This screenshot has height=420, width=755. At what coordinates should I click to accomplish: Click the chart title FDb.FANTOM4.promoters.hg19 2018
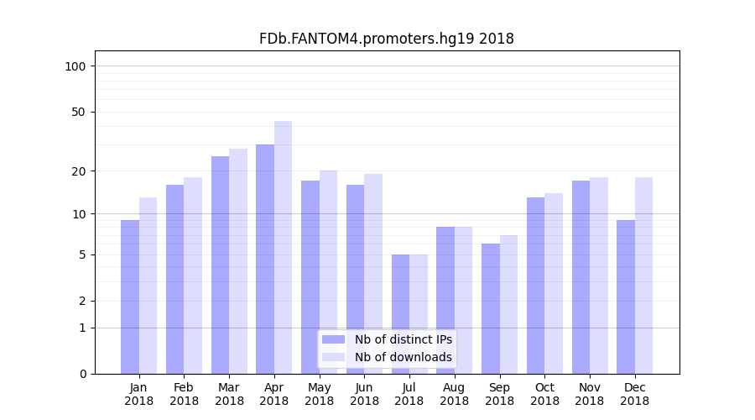(x=386, y=39)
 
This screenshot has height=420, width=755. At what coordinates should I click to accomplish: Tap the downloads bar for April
(x=283, y=247)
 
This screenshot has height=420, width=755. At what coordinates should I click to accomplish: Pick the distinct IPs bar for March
(x=220, y=265)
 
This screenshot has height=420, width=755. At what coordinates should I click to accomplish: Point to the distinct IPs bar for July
(x=400, y=314)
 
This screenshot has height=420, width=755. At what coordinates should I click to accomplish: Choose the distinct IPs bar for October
(x=535, y=286)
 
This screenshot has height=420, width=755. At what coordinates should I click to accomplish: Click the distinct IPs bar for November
(x=581, y=277)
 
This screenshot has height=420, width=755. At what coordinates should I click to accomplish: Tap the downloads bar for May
(x=328, y=272)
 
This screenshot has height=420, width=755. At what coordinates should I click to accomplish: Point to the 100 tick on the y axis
(x=75, y=66)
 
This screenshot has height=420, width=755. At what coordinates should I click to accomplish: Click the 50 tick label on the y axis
(x=79, y=112)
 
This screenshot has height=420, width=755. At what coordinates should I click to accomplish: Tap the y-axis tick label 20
(x=79, y=171)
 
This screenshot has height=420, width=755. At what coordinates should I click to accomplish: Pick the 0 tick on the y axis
(x=82, y=374)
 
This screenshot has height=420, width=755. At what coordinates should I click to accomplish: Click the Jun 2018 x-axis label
(x=364, y=394)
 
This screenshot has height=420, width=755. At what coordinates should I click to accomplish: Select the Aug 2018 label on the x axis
(x=454, y=394)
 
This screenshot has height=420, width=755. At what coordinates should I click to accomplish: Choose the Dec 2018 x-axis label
(x=634, y=394)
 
